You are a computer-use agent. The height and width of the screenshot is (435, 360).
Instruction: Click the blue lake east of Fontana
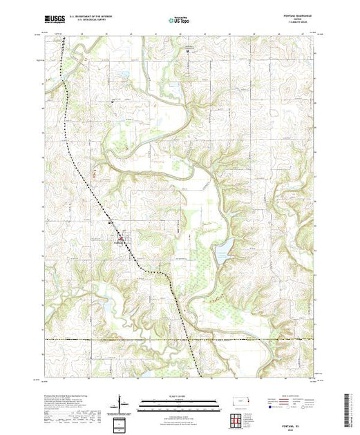click(x=223, y=252)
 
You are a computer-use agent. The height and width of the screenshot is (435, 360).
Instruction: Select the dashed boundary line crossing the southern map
click(x=180, y=339)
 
